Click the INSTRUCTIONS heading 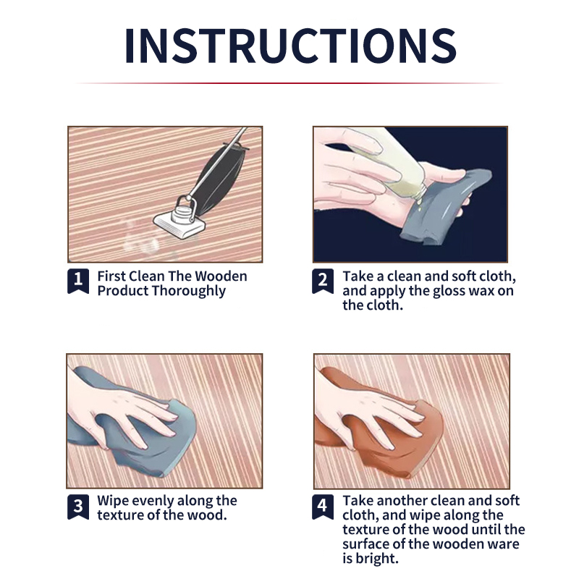coord(291,46)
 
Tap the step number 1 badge coord(78,281)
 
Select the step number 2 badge coord(323,281)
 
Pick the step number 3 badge coord(78,507)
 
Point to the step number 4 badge coord(323,507)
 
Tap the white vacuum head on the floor coord(179,224)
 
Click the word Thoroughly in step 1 coord(188,292)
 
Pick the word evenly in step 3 coord(149,502)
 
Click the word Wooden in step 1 coord(221,276)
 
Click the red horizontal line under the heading coord(289,83)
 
